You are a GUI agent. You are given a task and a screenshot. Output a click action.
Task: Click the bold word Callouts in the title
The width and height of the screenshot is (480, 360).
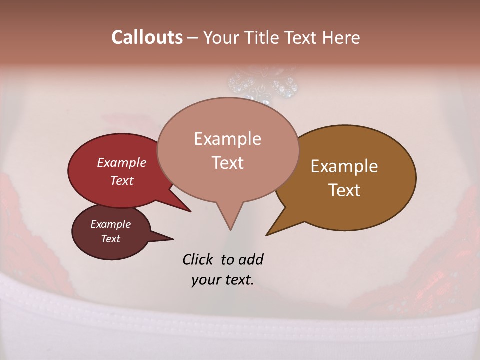147,37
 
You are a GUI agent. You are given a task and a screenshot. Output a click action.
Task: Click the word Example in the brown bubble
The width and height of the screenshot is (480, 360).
344,166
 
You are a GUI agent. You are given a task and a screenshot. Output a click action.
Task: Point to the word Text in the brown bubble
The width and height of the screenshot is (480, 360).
344,190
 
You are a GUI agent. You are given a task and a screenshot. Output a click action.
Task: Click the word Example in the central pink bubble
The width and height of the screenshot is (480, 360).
227,139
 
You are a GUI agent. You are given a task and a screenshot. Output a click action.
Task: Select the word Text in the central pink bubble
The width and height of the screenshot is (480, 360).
227,163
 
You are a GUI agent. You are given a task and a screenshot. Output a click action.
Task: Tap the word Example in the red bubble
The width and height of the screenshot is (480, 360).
121,162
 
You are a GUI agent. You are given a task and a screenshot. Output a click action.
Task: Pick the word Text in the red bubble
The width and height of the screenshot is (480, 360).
121,180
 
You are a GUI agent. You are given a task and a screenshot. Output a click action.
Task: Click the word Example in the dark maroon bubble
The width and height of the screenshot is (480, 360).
110,224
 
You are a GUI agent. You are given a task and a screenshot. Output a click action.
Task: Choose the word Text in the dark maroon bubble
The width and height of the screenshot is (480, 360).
110,239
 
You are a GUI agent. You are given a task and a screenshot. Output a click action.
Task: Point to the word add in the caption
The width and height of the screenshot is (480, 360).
250,259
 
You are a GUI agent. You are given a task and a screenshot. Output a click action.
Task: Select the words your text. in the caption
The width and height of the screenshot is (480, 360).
222,280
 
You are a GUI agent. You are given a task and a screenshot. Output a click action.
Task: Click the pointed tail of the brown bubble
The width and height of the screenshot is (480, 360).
269,233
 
